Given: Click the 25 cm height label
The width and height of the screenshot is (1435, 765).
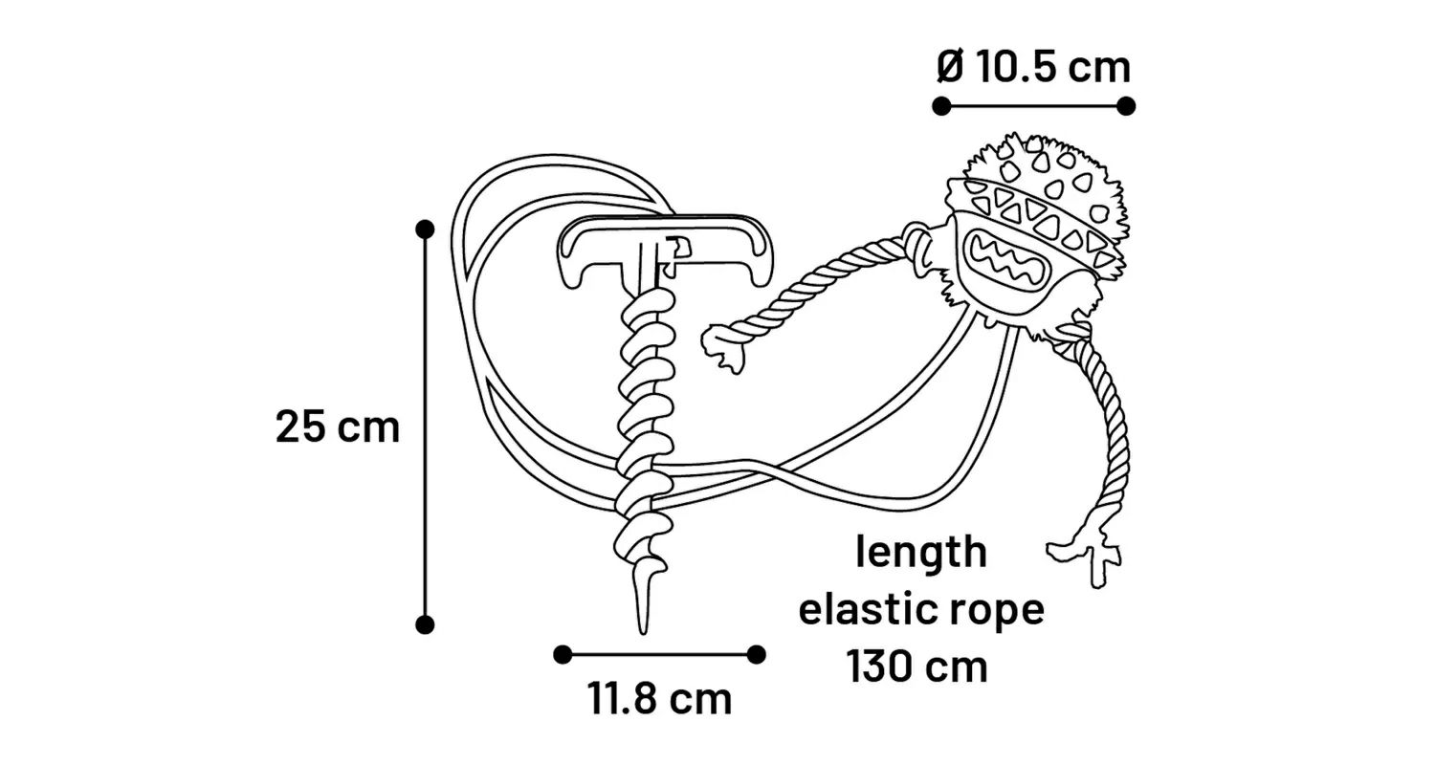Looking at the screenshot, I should (337, 426).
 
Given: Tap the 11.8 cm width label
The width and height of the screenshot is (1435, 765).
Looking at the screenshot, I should (660, 699).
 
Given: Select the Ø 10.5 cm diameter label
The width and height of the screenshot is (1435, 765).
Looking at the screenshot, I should (1033, 67).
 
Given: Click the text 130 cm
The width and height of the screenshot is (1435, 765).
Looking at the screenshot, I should (917, 666).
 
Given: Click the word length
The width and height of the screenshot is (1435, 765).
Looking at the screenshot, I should (920, 552).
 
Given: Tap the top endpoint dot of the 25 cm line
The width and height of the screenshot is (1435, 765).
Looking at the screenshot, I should (426, 229).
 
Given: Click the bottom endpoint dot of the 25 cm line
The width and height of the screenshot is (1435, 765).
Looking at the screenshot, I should (426, 624).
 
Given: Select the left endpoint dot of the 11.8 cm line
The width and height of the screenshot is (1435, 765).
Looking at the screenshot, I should (563, 654).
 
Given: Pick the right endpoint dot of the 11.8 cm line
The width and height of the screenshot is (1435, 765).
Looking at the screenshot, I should (756, 654).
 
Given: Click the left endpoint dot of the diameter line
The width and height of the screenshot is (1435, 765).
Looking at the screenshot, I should (941, 105).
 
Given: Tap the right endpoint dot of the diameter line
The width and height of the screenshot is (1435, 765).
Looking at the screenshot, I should (1126, 105).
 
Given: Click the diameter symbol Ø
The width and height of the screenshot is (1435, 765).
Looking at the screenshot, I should (949, 67).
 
